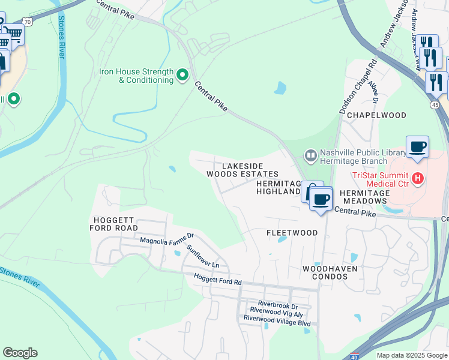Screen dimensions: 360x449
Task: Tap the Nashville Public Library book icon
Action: pos(310,156)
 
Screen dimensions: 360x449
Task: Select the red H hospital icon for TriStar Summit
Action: pos(418,179)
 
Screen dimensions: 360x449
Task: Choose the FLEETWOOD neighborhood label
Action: pos(292,232)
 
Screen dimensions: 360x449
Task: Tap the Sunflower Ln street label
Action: pos(203,256)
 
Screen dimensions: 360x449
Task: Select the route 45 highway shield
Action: pos(435,104)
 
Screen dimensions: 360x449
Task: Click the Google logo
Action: pos(20,353)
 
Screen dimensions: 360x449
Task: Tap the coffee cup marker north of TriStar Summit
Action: pos(417,146)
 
